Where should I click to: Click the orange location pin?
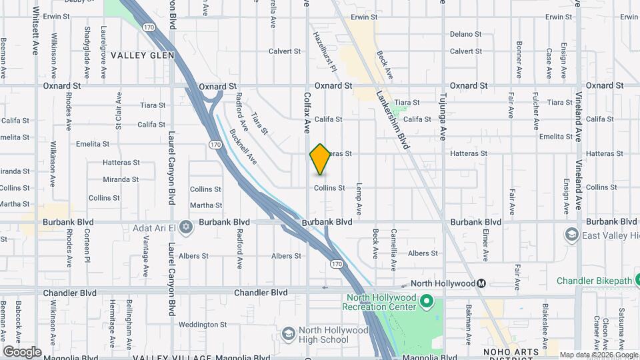tap(320, 159)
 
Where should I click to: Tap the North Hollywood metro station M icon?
tap(481, 283)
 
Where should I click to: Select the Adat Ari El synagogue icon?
tap(186, 227)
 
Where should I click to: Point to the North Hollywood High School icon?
tap(288, 333)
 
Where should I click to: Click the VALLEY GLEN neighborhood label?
tap(142, 55)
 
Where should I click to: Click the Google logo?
tap(22, 351)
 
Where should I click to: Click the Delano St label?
tap(465, 34)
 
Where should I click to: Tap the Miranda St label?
tap(121, 179)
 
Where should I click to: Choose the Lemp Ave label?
tap(359, 198)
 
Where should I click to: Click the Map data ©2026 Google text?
tap(598, 355)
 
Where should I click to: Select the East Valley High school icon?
tap(571, 235)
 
